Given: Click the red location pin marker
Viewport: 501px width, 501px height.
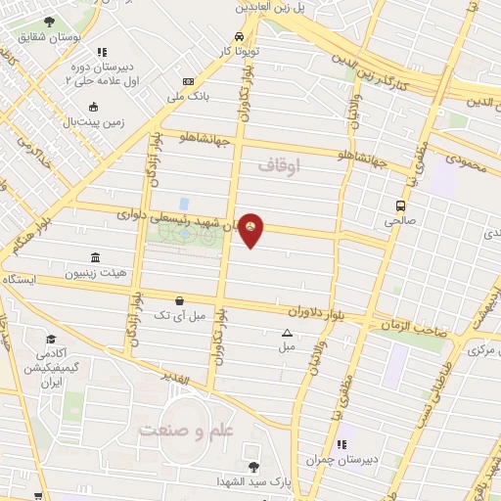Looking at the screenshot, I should click(x=251, y=229).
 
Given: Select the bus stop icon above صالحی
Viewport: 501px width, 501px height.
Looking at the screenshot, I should click(x=400, y=205).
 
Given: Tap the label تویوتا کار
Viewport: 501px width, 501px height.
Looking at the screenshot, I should click(x=239, y=49).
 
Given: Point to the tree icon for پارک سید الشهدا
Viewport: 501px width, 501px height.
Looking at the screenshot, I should click(x=254, y=466).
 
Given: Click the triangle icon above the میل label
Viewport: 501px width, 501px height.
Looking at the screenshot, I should click(x=285, y=332).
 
